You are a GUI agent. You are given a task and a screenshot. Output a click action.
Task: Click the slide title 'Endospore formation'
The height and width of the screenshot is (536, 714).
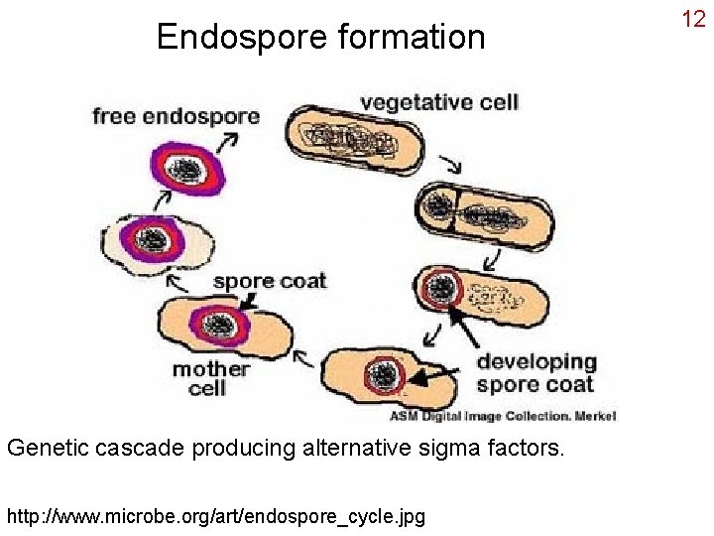(x=320, y=38)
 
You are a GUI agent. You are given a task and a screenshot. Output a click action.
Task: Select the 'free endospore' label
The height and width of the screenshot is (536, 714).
(x=176, y=116)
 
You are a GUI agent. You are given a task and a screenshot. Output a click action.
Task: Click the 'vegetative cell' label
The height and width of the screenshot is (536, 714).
(x=438, y=101)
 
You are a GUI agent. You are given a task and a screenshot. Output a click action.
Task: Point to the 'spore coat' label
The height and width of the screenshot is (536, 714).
(x=269, y=281)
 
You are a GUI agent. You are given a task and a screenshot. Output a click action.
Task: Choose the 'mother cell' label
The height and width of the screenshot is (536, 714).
(x=210, y=378)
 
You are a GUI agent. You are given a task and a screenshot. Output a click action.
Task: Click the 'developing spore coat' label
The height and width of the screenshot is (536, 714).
(x=536, y=372)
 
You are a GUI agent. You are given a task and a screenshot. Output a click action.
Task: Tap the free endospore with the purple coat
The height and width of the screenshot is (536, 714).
(x=183, y=168)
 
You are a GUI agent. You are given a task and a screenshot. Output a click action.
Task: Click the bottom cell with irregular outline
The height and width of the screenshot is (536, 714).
(x=383, y=377)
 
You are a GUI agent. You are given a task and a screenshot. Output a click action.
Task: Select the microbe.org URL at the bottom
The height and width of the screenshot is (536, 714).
(x=215, y=516)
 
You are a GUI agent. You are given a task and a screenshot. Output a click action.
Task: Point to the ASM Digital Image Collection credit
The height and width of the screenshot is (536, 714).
(x=502, y=416)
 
